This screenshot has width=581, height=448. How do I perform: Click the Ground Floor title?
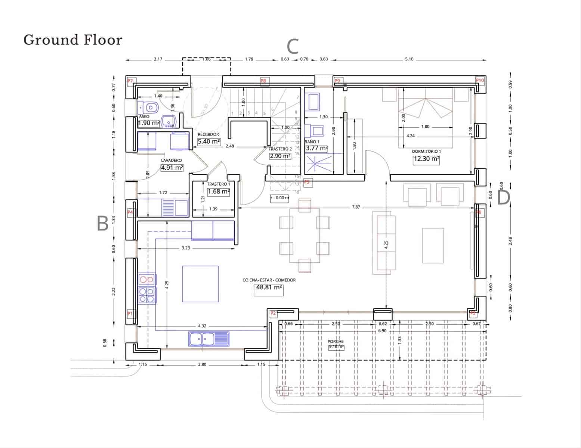(x=73, y=40)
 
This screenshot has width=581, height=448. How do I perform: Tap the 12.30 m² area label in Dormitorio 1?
(x=426, y=159)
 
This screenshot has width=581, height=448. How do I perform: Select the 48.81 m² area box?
(x=268, y=288)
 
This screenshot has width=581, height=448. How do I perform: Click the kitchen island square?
(x=200, y=284)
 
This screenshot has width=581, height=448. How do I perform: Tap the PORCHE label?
(x=335, y=342)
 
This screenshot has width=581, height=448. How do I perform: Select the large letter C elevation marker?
(x=293, y=47)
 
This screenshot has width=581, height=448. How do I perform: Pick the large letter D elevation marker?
(x=503, y=197)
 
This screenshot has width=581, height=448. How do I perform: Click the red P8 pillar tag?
(x=263, y=81)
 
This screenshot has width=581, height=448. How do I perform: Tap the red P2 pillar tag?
(x=273, y=313)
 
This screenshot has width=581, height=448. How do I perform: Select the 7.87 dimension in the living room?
(x=356, y=207)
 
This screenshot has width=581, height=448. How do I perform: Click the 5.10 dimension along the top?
(x=409, y=59)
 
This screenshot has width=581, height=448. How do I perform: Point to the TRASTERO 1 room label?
(x=219, y=184)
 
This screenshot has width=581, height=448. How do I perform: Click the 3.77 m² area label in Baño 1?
(x=316, y=149)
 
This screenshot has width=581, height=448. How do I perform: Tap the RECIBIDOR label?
(x=208, y=134)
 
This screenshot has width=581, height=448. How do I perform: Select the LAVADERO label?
(x=171, y=161)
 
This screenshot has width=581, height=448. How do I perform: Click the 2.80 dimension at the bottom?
(x=202, y=364)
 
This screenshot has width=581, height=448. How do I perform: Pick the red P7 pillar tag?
(x=130, y=81)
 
